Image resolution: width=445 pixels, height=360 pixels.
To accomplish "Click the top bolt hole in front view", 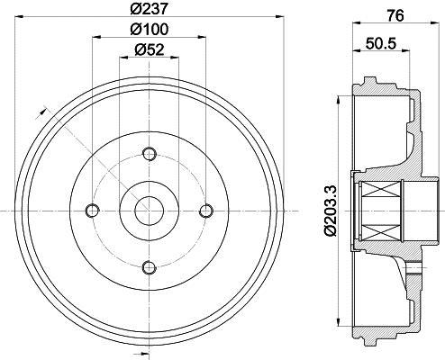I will (x=149, y=154).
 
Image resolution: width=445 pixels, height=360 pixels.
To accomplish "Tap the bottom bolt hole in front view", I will (x=149, y=265).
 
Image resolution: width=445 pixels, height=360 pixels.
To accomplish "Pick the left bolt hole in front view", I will (x=92, y=210).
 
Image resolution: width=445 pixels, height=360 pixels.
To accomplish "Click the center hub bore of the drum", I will (x=149, y=210).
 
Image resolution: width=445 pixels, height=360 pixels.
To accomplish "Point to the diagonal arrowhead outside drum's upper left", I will (x=41, y=112).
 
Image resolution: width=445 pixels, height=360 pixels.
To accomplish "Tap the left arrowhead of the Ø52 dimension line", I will (x=122, y=60).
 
